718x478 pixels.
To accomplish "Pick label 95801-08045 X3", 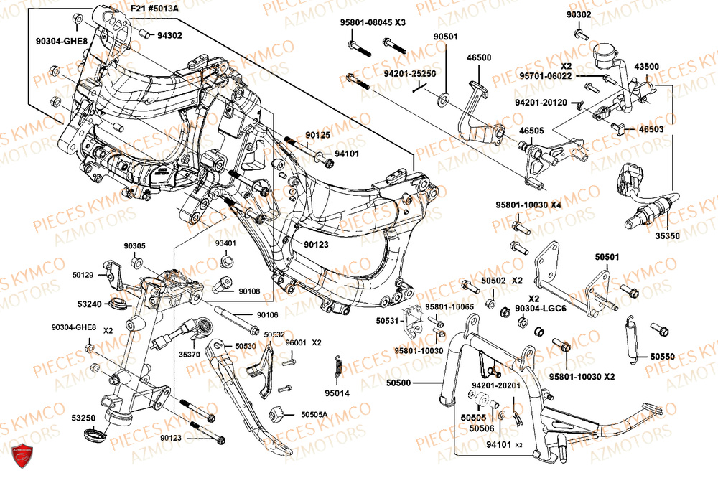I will click(x=373, y=22).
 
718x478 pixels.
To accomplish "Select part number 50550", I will click(x=663, y=356).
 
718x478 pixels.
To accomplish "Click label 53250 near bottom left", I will click(x=83, y=417).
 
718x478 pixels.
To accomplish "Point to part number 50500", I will click(x=409, y=383).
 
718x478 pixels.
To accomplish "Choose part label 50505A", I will click(x=314, y=414).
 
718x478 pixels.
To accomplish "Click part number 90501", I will click(x=445, y=36).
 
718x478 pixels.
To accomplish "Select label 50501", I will click(x=607, y=256).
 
